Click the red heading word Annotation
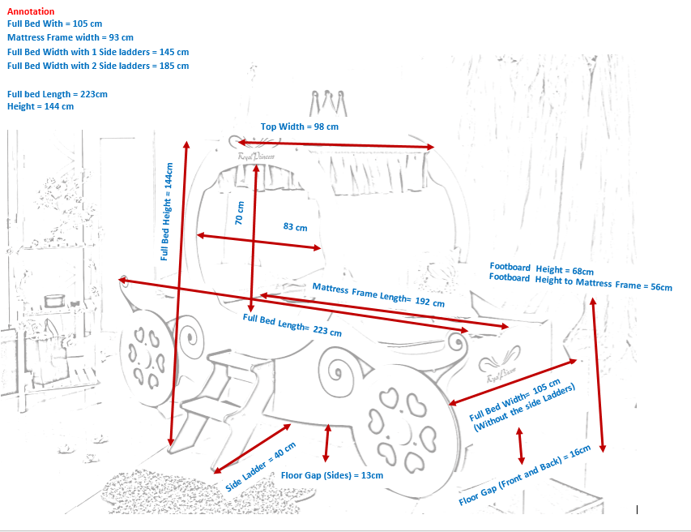(31, 11)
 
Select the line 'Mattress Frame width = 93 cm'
(70, 37)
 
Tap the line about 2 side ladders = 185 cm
(98, 66)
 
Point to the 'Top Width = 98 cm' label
(299, 127)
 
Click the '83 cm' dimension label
(295, 227)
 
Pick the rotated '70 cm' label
(239, 213)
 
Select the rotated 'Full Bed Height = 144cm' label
(166, 212)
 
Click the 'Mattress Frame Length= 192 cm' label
(378, 294)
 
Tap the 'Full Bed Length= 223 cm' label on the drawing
(292, 324)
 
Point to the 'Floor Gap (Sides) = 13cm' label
(332, 475)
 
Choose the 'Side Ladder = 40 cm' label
(261, 466)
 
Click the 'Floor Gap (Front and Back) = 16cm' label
(524, 475)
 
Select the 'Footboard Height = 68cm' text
(542, 268)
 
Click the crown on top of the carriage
(328, 103)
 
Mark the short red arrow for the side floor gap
(326, 443)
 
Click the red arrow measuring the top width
(336, 144)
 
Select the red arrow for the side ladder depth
(252, 448)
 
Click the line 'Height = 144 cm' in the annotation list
(41, 106)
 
